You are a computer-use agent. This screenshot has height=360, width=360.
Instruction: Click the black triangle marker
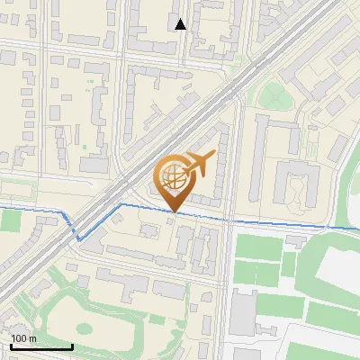(181, 24)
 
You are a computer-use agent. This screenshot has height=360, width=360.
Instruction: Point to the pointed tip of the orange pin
(174, 211)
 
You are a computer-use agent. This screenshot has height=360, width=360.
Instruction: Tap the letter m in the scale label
(33, 338)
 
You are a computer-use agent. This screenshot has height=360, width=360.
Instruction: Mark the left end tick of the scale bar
(11, 346)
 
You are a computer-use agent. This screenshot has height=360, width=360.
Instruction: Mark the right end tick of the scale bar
(72, 346)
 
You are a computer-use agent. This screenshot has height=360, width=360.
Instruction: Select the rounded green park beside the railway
(271, 94)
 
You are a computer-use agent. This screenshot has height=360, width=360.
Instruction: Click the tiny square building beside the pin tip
(170, 221)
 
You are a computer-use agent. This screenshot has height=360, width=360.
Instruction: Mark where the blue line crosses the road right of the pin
(229, 217)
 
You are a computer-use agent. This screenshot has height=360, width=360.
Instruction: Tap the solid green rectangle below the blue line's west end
(10, 221)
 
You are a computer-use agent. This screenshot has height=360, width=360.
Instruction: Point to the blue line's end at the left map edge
(1, 208)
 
